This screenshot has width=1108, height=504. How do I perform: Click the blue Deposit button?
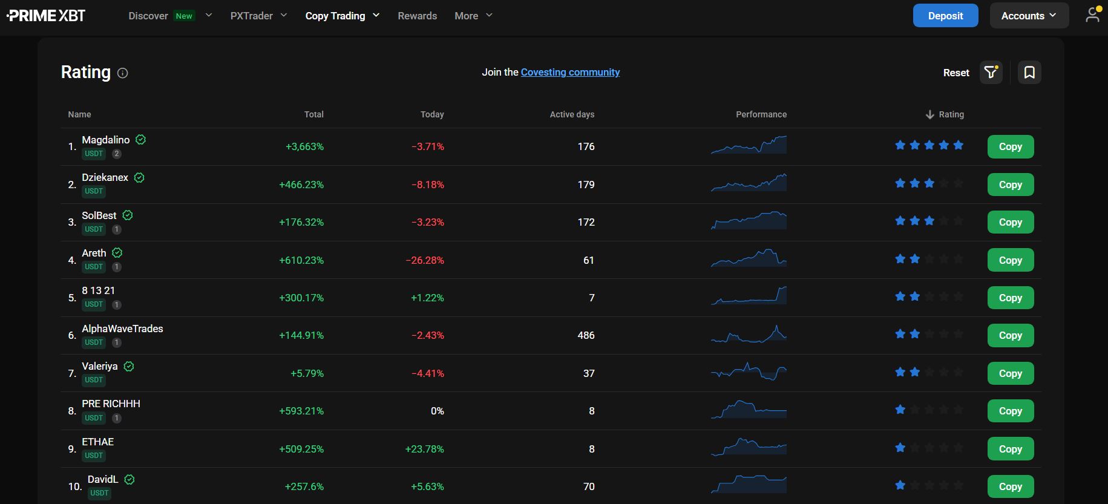pyautogui.click(x=945, y=16)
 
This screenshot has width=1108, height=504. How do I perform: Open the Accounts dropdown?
pyautogui.click(x=1029, y=16)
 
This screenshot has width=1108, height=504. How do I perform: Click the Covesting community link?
pyautogui.click(x=570, y=72)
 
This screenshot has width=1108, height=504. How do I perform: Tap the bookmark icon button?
pyautogui.click(x=1029, y=73)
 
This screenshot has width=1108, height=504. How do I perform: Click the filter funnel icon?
pyautogui.click(x=991, y=73)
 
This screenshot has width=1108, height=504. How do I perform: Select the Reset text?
pyautogui.click(x=956, y=73)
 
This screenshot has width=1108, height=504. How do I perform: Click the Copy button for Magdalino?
pyautogui.click(x=1010, y=146)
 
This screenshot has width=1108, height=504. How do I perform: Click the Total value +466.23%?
pyautogui.click(x=301, y=185)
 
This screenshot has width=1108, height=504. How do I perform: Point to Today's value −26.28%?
pyautogui.click(x=425, y=260)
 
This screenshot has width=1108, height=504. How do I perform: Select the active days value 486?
pyautogui.click(x=586, y=335)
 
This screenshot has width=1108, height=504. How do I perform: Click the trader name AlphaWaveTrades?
pyautogui.click(x=122, y=329)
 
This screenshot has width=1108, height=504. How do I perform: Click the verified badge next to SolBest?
pyautogui.click(x=128, y=215)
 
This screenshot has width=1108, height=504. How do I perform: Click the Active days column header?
pyautogui.click(x=572, y=114)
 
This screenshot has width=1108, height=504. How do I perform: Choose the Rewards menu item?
pyautogui.click(x=417, y=16)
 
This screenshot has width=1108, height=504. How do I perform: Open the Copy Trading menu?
pyautogui.click(x=342, y=16)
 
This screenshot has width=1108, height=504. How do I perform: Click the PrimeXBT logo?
pyautogui.click(x=46, y=16)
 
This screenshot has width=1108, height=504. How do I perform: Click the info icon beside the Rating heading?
pyautogui.click(x=123, y=73)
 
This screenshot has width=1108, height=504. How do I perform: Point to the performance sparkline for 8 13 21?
pyautogui.click(x=749, y=296)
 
